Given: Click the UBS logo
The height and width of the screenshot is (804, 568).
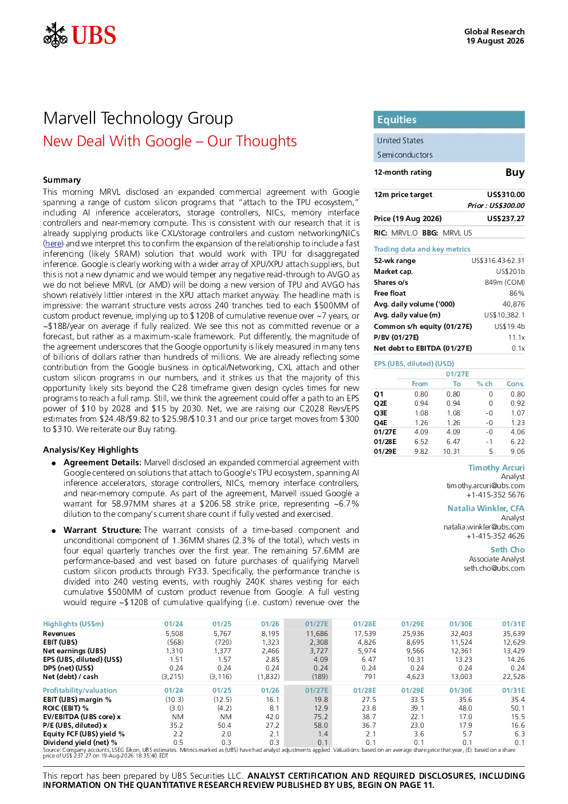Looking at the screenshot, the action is pyautogui.click(x=80, y=35).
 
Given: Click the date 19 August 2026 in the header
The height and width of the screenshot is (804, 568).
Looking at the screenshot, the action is pyautogui.click(x=495, y=41).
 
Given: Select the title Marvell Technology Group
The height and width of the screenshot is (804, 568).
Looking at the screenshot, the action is pyautogui.click(x=138, y=119).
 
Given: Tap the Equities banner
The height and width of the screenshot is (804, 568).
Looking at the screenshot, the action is pyautogui.click(x=449, y=120).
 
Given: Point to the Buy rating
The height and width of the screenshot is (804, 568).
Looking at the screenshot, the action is pyautogui.click(x=515, y=172).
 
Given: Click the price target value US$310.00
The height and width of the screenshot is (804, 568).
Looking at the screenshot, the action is pyautogui.click(x=506, y=194).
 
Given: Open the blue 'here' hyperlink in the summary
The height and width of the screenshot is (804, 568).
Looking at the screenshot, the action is pyautogui.click(x=53, y=244).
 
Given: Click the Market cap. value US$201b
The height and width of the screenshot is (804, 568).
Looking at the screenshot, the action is pyautogui.click(x=510, y=272).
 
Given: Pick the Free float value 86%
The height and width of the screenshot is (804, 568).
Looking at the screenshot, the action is pyautogui.click(x=516, y=293).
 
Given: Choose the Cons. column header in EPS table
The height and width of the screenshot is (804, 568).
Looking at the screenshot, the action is pyautogui.click(x=515, y=384).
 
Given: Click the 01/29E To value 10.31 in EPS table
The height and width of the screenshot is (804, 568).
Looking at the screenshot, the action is pyautogui.click(x=451, y=451).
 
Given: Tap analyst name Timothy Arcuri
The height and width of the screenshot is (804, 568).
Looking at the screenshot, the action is pyautogui.click(x=496, y=468).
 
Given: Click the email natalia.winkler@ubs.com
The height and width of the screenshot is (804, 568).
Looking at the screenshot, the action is pyautogui.click(x=484, y=527).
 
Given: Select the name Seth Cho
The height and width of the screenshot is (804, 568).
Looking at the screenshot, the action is pyautogui.click(x=507, y=550).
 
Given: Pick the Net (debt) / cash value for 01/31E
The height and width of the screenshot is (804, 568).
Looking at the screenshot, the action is pyautogui.click(x=513, y=677).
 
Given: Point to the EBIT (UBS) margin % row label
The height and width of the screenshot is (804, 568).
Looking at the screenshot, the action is pyautogui.click(x=77, y=700).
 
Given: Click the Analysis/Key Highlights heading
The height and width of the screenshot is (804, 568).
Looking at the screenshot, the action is pyautogui.click(x=90, y=450).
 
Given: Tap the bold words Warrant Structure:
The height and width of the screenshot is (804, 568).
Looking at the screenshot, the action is pyautogui.click(x=102, y=530).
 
